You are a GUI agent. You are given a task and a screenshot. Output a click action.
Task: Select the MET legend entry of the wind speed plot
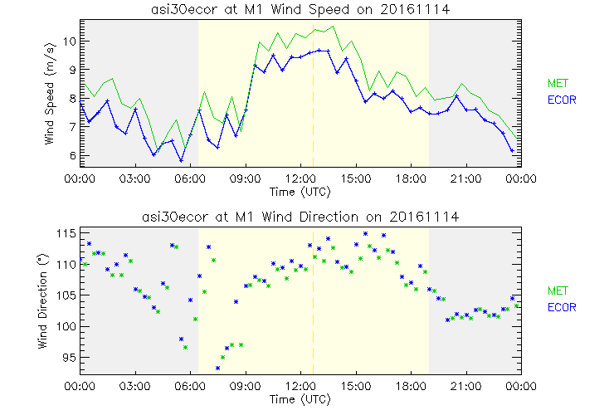tap(557, 83)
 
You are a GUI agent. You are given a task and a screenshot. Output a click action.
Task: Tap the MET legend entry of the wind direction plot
tap(557, 290)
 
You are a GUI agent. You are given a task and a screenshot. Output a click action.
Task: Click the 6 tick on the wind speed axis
tap(73, 155)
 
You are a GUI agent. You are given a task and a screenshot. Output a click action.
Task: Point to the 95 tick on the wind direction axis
tap(70, 358)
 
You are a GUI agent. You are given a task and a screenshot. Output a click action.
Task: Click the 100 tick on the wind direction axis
tap(66, 327)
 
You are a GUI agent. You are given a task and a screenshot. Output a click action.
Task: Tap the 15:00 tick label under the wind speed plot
tap(355, 178)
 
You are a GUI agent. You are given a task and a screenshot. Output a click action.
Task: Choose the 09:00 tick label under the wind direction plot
tap(246, 386)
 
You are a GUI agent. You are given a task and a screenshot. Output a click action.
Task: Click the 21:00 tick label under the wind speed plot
tap(465, 178)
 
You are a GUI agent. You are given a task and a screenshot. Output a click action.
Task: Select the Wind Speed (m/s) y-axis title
tap(51, 93)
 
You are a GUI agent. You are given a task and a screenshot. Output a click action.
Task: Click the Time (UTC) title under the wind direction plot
tap(300, 399)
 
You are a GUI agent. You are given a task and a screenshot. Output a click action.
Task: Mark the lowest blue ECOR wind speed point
tap(181, 160)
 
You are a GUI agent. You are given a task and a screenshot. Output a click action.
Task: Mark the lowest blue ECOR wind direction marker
tap(218, 368)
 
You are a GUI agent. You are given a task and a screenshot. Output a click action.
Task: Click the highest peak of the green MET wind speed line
tap(334, 27)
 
